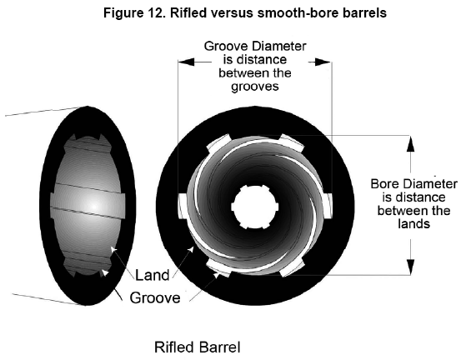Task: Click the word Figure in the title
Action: [121, 13]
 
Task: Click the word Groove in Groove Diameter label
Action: [223, 46]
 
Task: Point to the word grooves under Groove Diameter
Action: [254, 87]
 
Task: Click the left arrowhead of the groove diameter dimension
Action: [187, 62]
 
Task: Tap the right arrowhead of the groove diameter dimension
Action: [323, 62]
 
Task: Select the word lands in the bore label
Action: [414, 224]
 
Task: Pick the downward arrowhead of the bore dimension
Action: [411, 267]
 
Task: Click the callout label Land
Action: [153, 275]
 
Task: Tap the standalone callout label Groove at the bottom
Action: [155, 297]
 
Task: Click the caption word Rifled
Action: [173, 347]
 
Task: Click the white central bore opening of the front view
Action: [254, 207]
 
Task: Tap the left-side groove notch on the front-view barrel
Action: [183, 206]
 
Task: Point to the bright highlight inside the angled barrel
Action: [94, 206]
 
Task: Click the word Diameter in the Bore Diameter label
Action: [430, 184]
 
